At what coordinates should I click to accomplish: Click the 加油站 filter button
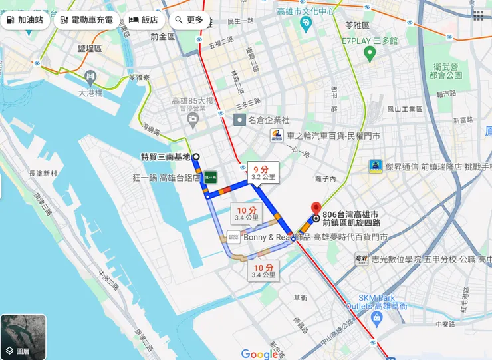(25, 20)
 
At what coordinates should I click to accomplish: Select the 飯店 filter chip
(143, 20)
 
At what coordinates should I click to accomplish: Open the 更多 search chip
(189, 20)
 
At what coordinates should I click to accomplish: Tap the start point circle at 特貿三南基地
(195, 157)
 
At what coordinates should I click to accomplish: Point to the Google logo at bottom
(259, 354)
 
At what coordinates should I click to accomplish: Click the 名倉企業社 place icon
(239, 120)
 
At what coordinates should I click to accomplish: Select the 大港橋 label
(90, 93)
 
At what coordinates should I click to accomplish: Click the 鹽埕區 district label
(89, 49)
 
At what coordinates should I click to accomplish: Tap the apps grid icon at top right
(478, 15)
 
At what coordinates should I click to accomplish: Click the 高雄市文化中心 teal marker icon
(305, 25)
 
